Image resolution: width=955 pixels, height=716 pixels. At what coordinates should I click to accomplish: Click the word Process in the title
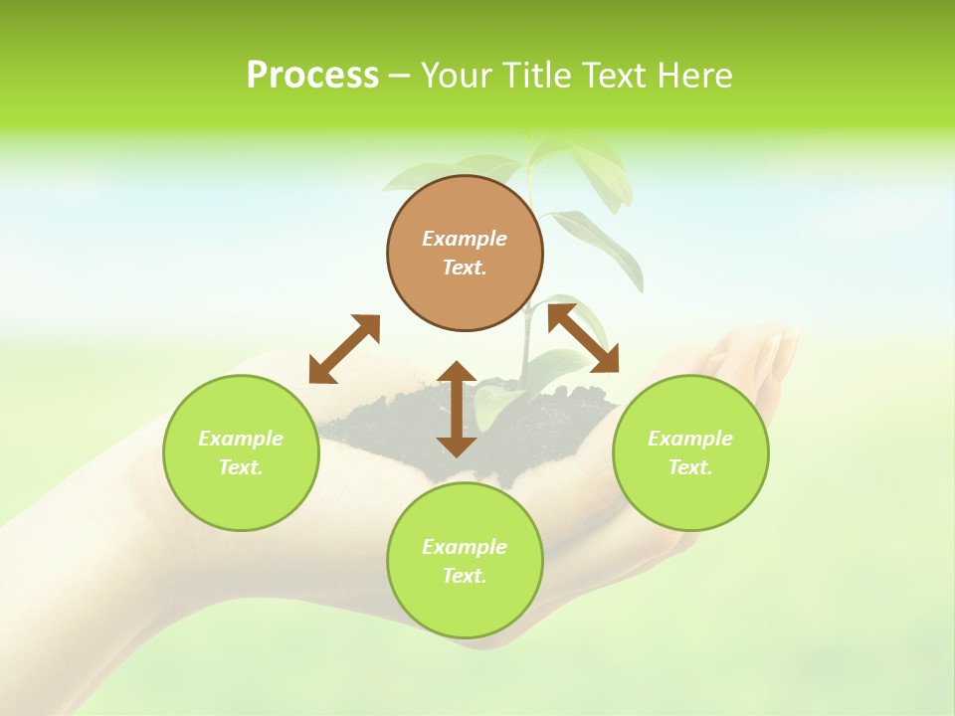pos(312,76)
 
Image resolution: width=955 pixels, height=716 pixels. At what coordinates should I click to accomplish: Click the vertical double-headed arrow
pos(457,409)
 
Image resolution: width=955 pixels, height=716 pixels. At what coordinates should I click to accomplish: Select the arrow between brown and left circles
pos(344,348)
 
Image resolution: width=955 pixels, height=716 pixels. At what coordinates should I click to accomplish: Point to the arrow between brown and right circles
pos(584,338)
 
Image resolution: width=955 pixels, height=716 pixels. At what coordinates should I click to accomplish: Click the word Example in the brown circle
pos(465,239)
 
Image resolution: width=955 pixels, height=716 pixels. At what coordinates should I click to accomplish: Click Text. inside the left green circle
pos(241,467)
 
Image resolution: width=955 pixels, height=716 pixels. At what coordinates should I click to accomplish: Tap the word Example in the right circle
pos(690,439)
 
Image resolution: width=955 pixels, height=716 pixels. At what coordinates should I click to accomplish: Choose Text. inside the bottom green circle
pos(465,576)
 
